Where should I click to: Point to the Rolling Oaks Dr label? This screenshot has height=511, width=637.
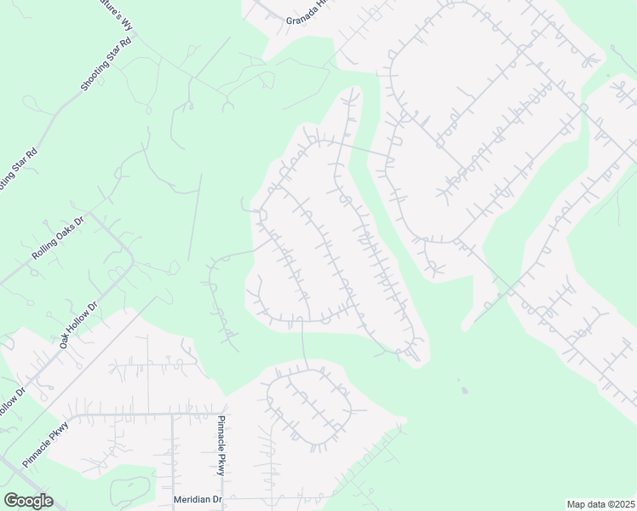(x=59, y=241)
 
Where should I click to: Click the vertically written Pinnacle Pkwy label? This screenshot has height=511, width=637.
(x=221, y=445)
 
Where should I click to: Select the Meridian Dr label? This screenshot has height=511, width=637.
(x=198, y=500)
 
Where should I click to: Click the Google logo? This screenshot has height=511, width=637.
(x=28, y=501)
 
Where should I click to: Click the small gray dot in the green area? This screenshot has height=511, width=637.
(x=464, y=391)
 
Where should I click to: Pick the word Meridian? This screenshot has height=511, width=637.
(x=192, y=500)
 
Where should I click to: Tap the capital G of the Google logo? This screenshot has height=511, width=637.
(x=11, y=501)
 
